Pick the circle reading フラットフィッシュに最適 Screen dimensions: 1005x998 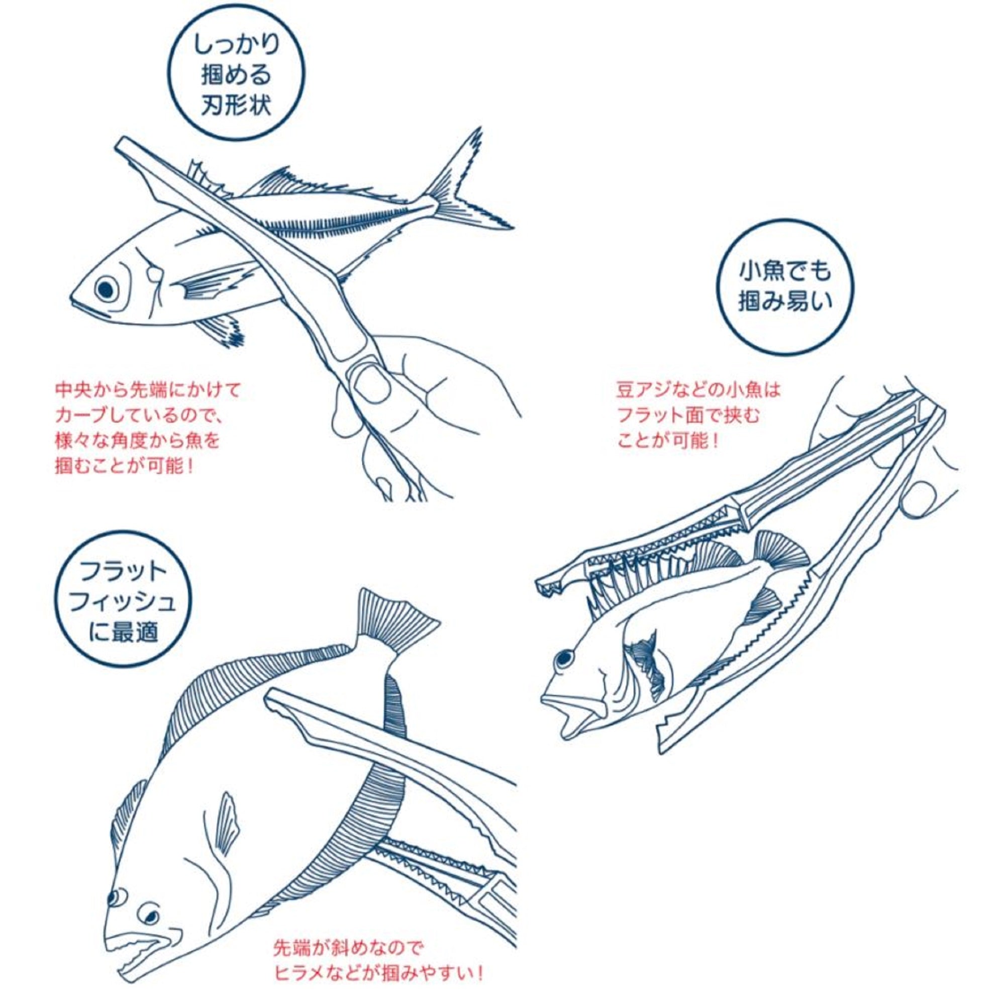point(123,606)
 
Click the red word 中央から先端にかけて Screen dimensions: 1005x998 point(149,391)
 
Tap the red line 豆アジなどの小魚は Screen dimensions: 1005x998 point(698,390)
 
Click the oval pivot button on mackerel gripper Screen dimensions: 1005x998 point(370,383)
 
